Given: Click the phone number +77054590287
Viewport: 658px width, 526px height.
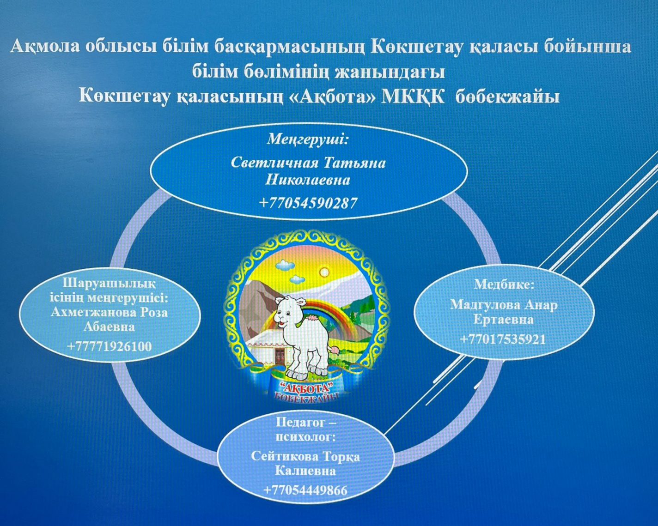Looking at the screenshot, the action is point(308,203).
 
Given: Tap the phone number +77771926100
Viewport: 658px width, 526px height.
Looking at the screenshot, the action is point(109,346).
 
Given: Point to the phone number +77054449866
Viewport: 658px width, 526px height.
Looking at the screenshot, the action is point(305,490).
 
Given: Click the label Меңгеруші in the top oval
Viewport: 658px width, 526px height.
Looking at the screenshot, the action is point(308,140).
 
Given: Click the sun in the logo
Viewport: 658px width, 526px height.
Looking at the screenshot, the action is point(324,272).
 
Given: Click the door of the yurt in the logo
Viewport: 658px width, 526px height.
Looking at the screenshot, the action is point(280,356).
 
